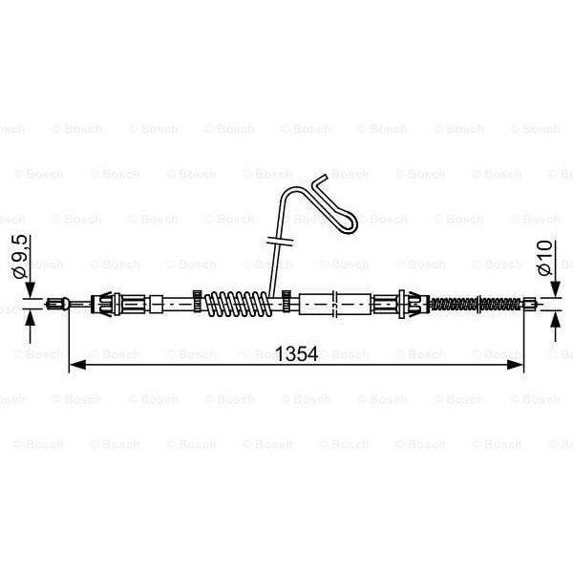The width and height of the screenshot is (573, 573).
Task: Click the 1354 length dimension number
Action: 298,353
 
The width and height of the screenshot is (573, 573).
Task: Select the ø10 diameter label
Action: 545,257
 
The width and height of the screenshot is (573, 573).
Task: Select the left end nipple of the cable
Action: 61,305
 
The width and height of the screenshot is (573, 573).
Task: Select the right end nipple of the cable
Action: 529,305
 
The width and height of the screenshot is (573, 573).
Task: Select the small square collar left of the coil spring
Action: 156,305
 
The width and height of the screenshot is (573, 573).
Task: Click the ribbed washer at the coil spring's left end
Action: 198,304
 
